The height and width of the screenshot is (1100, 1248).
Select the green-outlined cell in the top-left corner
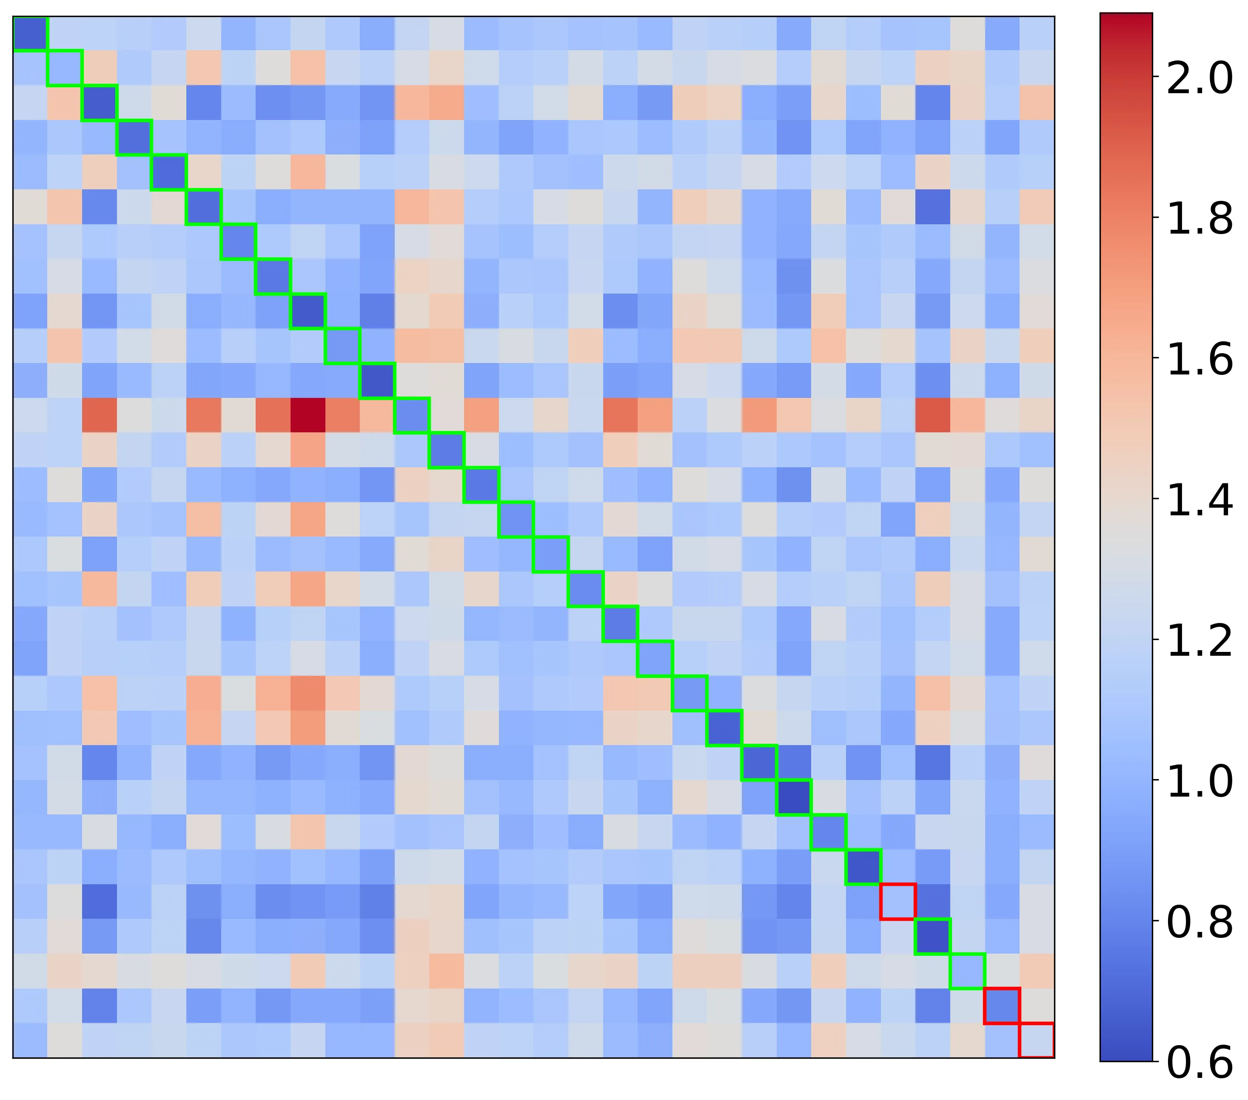(x=30, y=34)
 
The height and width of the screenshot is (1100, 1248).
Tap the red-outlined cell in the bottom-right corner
(x=1037, y=1040)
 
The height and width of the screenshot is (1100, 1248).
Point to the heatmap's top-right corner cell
(x=1037, y=34)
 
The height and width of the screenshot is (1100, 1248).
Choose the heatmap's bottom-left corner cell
(x=30, y=1040)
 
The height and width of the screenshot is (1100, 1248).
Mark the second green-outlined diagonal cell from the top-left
(x=65, y=69)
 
